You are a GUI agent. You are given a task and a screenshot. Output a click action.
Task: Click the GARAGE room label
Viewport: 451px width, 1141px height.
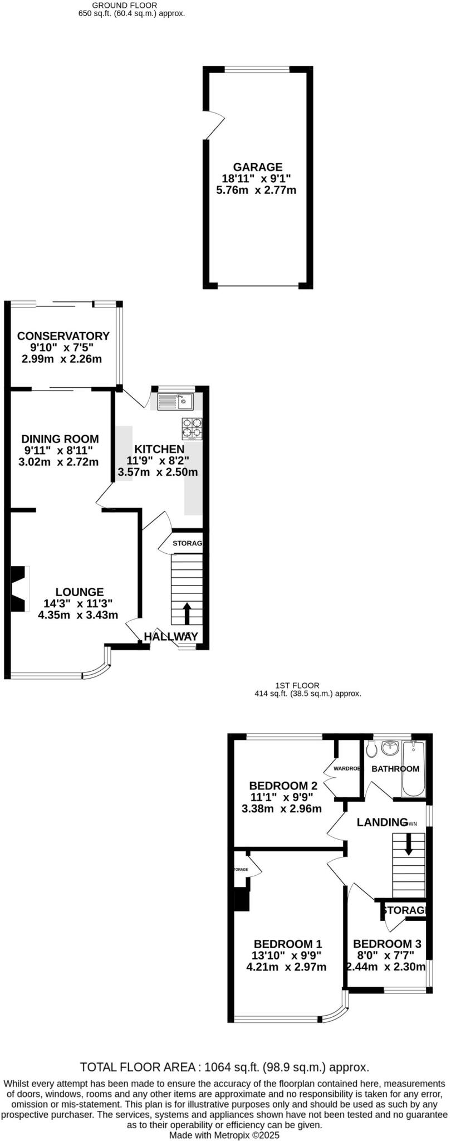[257, 167]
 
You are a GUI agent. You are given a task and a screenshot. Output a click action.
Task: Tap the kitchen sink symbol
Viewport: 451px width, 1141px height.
[175, 401]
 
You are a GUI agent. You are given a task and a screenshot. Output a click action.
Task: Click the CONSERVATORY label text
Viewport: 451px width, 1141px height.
[63, 336]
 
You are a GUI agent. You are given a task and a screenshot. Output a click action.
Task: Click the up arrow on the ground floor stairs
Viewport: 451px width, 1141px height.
[187, 613]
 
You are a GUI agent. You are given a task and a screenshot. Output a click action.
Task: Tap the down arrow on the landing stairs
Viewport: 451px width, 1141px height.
[408, 843]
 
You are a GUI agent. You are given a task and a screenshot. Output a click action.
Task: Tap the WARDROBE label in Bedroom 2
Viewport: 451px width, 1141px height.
[346, 769]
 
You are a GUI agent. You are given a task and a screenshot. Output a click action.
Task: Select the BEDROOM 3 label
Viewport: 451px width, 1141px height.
[387, 944]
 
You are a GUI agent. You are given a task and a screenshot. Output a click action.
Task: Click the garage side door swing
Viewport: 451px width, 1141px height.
[214, 125]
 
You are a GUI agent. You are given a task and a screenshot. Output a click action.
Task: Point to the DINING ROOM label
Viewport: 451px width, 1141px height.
[60, 439]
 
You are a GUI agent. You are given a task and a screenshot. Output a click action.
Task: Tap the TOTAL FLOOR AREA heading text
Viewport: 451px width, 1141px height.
[225, 1067]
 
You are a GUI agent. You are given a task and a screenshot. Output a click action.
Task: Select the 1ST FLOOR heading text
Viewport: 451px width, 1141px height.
[297, 686]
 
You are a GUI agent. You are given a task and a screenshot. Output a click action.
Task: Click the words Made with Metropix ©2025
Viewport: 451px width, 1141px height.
[224, 1135]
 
